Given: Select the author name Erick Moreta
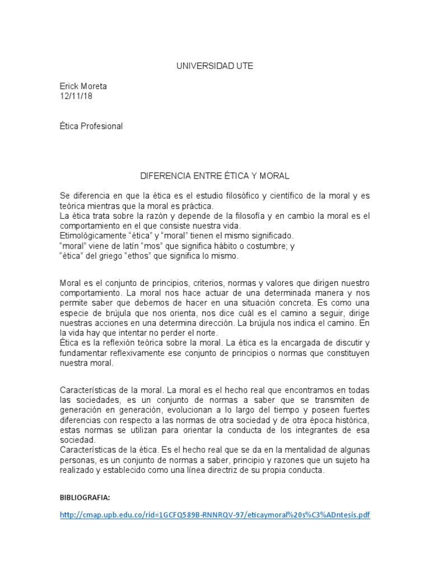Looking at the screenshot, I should (83, 87).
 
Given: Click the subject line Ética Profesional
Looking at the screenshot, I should (91, 126).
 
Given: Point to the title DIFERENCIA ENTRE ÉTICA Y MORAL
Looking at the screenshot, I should (214, 176).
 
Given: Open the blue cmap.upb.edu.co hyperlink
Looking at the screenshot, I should (215, 515).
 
